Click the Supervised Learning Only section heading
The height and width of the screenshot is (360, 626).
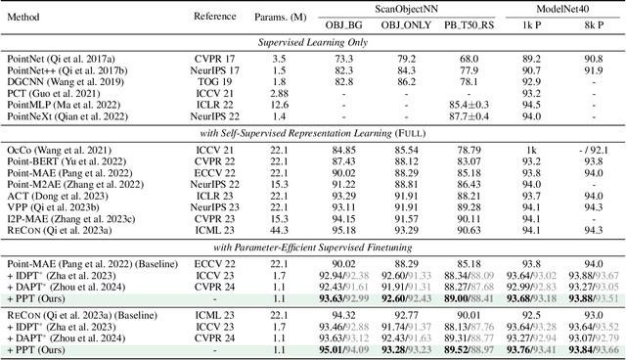[313, 43]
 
